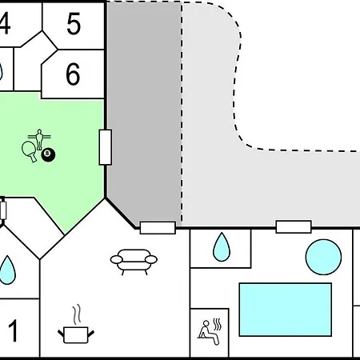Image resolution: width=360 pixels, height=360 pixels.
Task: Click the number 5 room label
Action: [74, 24]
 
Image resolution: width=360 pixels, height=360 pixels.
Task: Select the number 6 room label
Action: [73, 74]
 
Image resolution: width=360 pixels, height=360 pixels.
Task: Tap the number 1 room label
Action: [13, 330]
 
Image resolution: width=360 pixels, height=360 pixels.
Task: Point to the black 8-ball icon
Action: [48, 154]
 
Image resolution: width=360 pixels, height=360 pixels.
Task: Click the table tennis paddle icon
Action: [30, 150]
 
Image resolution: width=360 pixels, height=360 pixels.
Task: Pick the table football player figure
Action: [39, 139]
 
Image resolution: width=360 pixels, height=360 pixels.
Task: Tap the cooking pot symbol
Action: [76, 334]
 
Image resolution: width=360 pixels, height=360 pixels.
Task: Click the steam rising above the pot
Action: [77, 314]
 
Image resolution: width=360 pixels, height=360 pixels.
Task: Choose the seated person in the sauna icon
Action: [208, 333]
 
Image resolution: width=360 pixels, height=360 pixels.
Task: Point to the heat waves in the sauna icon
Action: [218, 324]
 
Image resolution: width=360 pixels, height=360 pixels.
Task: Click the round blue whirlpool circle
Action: [323, 257]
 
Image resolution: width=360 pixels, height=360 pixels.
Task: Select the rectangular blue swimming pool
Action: [286, 310]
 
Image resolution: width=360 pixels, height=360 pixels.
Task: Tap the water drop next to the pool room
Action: [222, 246]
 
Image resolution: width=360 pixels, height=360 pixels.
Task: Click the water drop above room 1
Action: [7, 270]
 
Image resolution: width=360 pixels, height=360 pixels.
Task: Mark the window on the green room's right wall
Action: [106, 147]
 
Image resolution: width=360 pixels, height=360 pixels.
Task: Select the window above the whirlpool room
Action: [294, 227]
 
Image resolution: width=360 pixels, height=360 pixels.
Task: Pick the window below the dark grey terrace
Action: [158, 228]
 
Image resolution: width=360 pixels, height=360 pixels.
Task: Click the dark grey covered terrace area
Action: [144, 112]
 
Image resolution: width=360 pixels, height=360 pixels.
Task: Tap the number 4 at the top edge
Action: [5, 24]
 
